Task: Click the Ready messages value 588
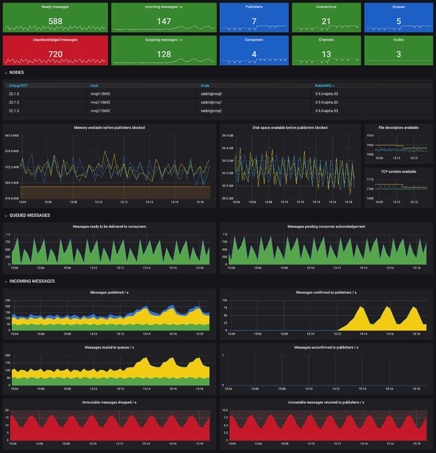coord(56,21)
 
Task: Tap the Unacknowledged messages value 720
coord(56,54)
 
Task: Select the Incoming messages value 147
coord(164,21)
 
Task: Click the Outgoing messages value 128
coord(164,54)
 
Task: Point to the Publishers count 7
coord(254,21)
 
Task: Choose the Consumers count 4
coord(254,54)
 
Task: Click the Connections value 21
coord(326,21)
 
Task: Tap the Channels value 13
coord(326,54)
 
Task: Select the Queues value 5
coord(398,21)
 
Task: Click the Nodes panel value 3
coord(398,54)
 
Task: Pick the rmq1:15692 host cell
coord(101,102)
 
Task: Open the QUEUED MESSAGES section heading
coord(29,215)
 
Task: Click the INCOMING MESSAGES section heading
coord(32,281)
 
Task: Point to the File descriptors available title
coord(399,128)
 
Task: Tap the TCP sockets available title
coord(399,171)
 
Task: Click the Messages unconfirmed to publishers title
coord(326,347)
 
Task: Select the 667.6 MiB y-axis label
coord(12,136)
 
